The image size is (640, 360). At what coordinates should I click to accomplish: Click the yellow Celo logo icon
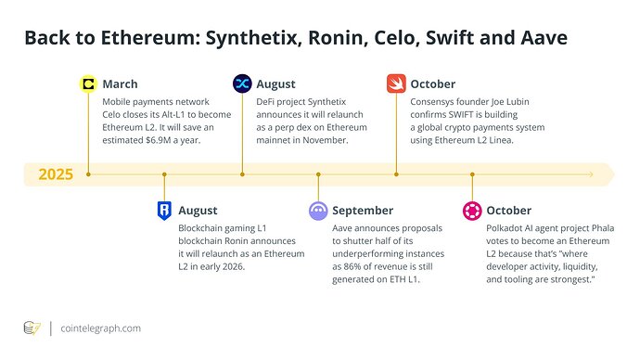coord(88,84)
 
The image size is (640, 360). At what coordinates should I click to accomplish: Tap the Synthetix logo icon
coord(243,84)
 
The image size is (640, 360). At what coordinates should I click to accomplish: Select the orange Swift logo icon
coord(396,84)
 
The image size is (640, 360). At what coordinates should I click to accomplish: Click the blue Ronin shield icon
coord(164,211)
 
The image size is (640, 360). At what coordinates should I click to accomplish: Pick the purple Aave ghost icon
coord(318,211)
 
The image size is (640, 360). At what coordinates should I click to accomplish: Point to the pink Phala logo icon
coord(472,211)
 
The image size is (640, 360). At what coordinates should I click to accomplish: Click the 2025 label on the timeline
coord(58,174)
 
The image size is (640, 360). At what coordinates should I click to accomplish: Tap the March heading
coord(121,84)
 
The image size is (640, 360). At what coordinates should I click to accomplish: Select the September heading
coord(364,211)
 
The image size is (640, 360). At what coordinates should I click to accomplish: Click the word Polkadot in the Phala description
coord(511,228)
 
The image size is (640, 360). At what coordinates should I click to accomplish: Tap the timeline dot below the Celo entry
coord(88,174)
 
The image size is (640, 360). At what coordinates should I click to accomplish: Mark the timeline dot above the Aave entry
coord(318,174)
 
